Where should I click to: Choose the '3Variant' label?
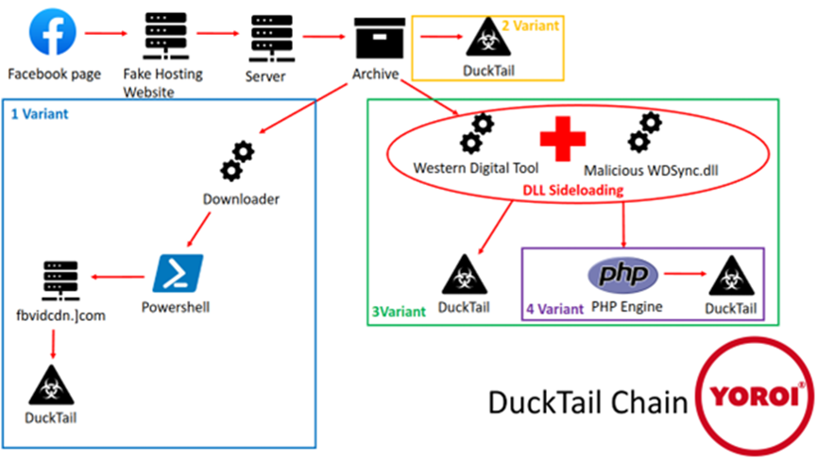399,309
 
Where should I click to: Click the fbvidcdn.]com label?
67,316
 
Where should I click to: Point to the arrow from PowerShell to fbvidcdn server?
118,277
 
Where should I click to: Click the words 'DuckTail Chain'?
587,402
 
